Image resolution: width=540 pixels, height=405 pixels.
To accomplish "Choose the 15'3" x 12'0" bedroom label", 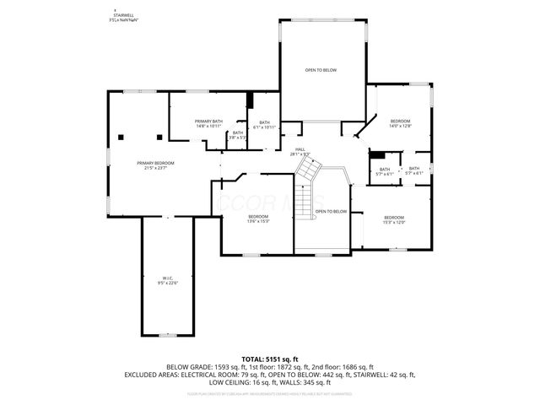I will [394, 219].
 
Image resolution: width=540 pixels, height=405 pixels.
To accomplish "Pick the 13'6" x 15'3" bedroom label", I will [257, 219].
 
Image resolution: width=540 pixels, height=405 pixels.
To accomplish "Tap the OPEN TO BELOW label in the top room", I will [321, 70].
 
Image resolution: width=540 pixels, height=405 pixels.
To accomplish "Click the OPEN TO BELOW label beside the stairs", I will [331, 211].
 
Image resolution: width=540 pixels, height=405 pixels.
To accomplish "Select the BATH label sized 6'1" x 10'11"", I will [264, 124].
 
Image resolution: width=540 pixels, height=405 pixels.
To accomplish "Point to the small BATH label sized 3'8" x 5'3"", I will [237, 134].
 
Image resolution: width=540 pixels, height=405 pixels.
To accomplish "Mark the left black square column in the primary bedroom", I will [123, 137].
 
